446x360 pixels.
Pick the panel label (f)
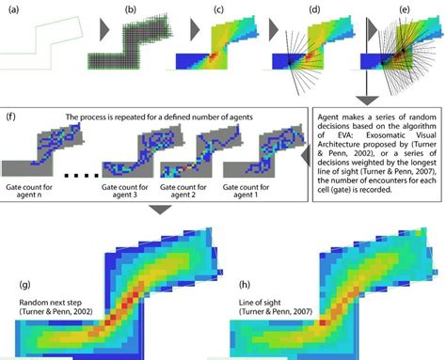coord(12,119)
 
